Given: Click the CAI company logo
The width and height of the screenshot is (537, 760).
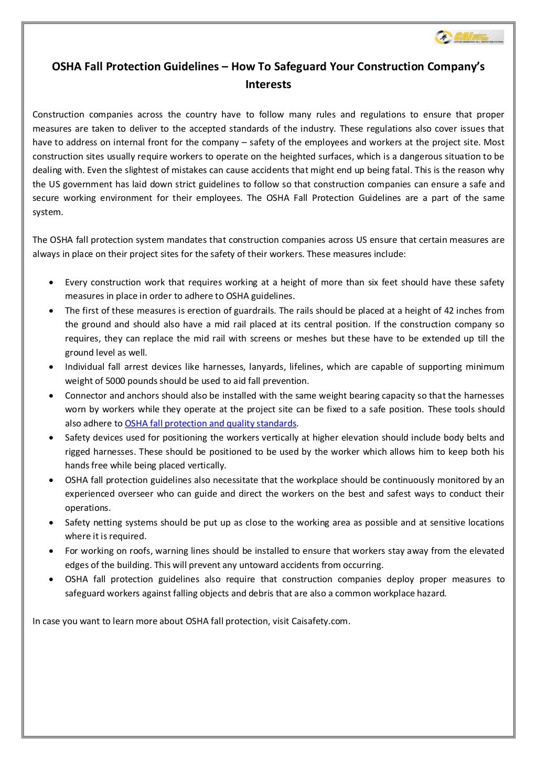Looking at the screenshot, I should click(x=469, y=37).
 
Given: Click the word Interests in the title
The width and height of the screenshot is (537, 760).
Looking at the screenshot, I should click(x=268, y=84).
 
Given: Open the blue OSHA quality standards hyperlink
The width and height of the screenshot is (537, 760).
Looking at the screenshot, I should click(x=210, y=423).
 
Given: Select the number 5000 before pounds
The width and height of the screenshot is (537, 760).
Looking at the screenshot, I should click(x=115, y=381).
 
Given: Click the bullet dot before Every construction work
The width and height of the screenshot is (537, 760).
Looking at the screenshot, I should click(x=50, y=283).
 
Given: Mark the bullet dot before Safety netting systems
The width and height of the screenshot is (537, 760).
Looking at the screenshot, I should click(x=50, y=523).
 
